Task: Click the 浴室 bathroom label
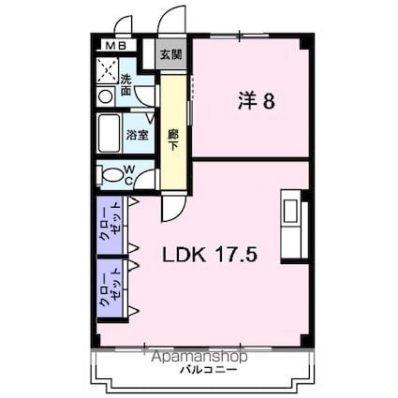[x=137, y=135]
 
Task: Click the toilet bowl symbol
[x=112, y=174]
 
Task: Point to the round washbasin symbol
[x=104, y=95]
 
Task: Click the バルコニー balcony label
[x=197, y=370]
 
